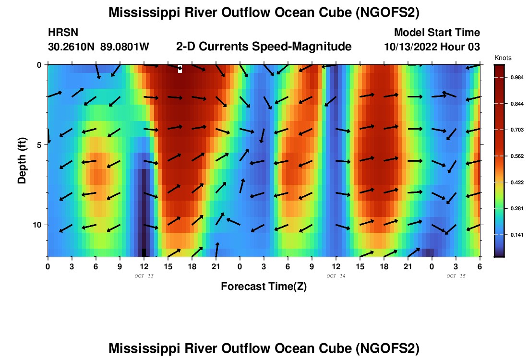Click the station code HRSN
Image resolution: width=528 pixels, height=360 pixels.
point(63,33)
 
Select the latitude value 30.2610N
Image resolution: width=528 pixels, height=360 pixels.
point(72,47)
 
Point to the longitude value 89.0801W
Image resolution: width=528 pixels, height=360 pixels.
point(125,47)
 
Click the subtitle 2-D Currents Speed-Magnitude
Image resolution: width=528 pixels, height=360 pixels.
point(264,47)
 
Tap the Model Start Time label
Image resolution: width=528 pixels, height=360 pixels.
point(437,33)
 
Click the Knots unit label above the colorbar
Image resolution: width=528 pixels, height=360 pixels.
point(503,58)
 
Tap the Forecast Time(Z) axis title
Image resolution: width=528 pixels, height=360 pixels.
point(264,287)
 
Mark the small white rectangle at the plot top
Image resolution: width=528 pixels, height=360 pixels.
point(180,69)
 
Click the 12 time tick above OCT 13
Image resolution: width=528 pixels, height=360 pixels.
point(144,266)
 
